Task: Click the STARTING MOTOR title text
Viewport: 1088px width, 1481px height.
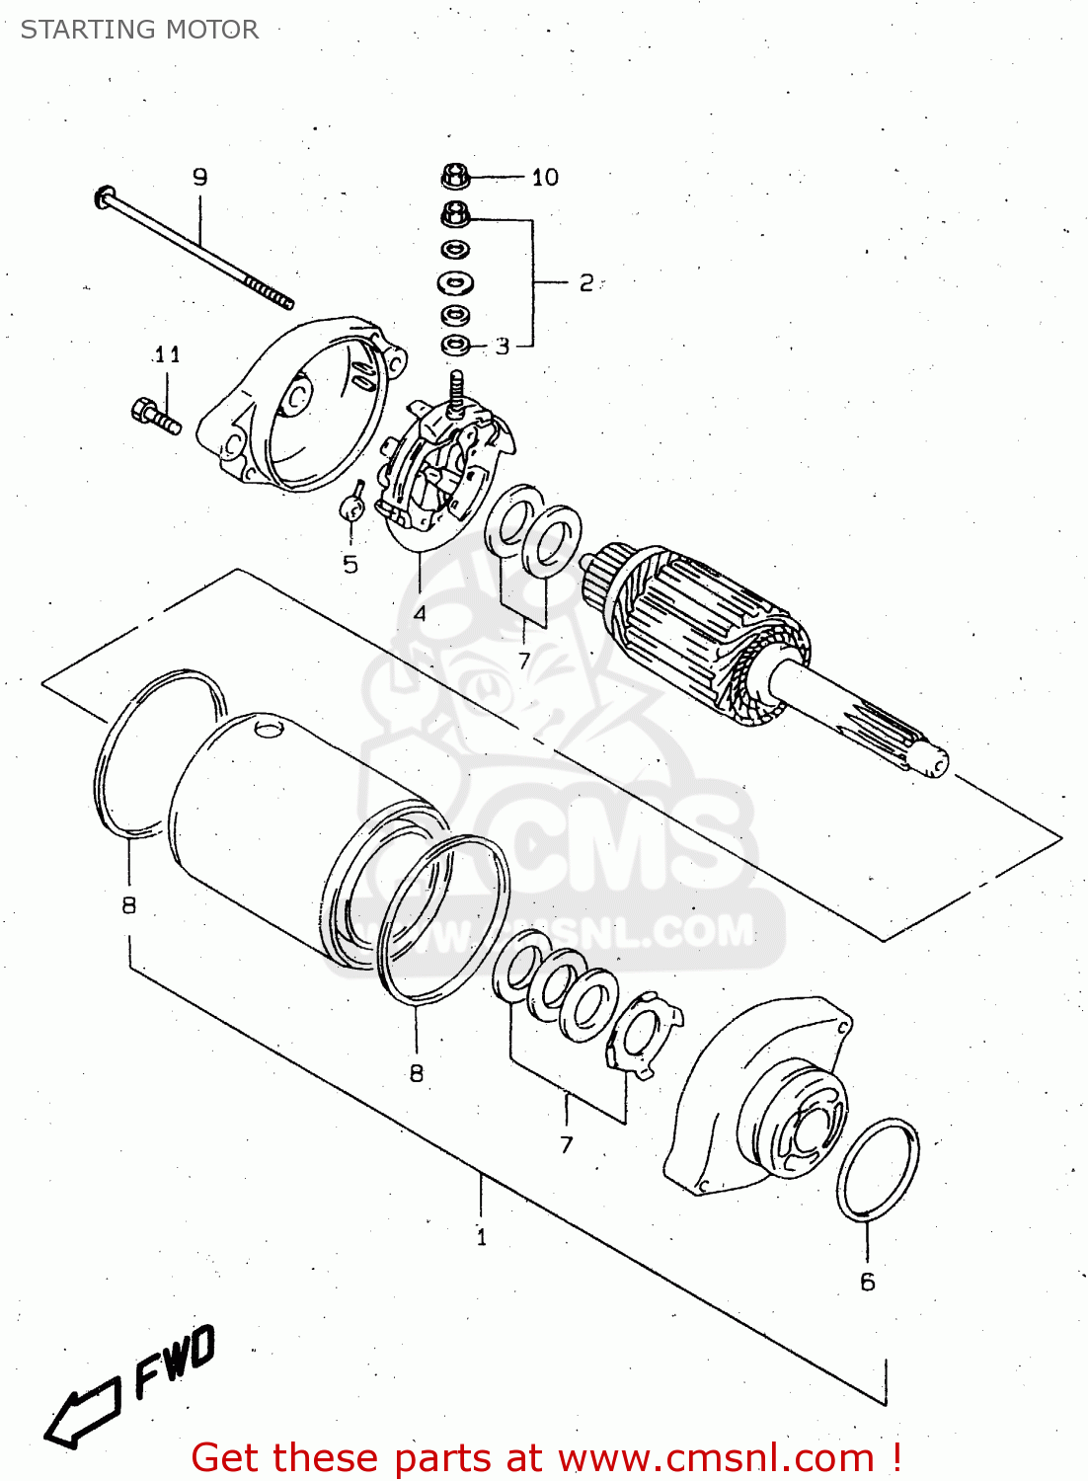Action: [x=139, y=30]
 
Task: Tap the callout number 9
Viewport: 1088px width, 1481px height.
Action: [x=200, y=177]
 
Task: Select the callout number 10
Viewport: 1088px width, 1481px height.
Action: [x=545, y=178]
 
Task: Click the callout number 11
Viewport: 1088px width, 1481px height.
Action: [x=167, y=354]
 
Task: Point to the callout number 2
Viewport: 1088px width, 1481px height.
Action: [x=586, y=283]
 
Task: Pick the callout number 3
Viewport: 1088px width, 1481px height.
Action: [x=503, y=347]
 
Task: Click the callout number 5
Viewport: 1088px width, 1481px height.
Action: [x=350, y=565]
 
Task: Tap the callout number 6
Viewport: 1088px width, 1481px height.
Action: [x=867, y=1282]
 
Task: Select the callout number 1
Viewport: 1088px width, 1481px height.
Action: [x=481, y=1237]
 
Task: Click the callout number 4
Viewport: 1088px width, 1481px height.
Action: [x=420, y=613]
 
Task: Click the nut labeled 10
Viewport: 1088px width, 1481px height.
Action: [x=454, y=177]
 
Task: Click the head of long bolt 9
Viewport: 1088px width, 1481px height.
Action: [x=103, y=197]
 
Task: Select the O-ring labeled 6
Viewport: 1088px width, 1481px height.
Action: [x=877, y=1170]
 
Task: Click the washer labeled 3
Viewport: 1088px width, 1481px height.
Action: [x=455, y=346]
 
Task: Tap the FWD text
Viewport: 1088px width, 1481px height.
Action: [x=175, y=1363]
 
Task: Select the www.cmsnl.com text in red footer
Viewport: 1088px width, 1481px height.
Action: [x=717, y=1458]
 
